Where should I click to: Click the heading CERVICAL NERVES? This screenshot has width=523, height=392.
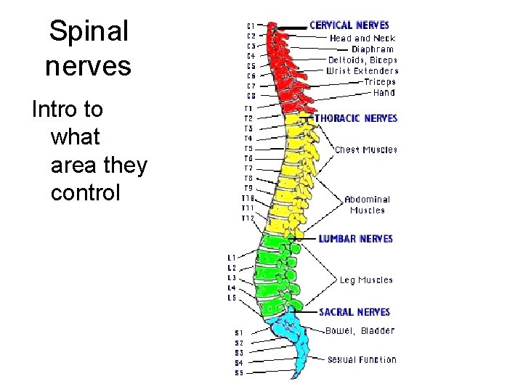(x=349, y=25)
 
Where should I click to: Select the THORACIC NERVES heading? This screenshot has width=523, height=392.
(x=356, y=118)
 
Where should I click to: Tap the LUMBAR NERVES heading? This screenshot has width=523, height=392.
(x=355, y=239)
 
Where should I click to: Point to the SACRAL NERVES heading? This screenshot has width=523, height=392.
(x=354, y=312)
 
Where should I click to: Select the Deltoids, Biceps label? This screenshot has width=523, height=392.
(x=362, y=60)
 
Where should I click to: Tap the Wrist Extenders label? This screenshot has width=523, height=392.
(x=362, y=71)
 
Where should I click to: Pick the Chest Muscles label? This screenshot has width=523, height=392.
(x=366, y=150)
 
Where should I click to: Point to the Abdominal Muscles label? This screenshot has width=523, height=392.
(x=367, y=205)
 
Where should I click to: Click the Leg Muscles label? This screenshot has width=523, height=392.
(x=366, y=280)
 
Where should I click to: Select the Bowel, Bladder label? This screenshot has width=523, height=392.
(x=360, y=331)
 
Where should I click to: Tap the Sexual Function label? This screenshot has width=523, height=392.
(x=362, y=359)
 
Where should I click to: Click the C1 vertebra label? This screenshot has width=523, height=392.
(x=251, y=25)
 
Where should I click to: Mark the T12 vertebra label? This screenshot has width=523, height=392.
(x=248, y=218)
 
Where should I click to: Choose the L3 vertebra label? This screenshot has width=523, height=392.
(x=232, y=278)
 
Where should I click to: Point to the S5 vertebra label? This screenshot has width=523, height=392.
(x=239, y=373)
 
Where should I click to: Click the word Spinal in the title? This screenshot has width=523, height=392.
(x=89, y=31)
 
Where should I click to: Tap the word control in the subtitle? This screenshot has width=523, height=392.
(x=85, y=194)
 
